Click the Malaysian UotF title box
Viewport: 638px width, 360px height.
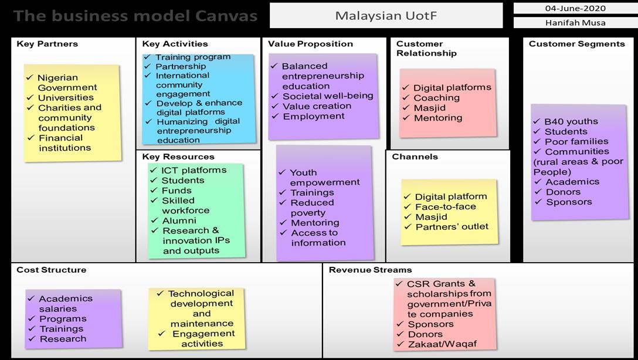click(x=386, y=16)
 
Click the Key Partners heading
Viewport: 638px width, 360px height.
click(x=47, y=44)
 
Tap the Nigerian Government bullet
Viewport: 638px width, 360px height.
click(x=67, y=83)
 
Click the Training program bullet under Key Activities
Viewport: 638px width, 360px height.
click(x=192, y=57)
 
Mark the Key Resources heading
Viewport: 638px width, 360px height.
click(x=178, y=157)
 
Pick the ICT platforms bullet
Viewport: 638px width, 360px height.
click(x=194, y=170)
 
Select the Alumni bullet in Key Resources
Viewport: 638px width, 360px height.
click(x=179, y=220)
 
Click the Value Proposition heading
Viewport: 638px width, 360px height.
click(x=310, y=44)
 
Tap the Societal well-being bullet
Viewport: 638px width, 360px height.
click(x=327, y=96)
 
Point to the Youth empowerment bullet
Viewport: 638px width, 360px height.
click(x=324, y=177)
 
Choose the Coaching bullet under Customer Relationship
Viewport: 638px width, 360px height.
click(x=436, y=98)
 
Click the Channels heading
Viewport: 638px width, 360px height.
click(x=415, y=157)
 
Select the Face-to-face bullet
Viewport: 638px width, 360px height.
click(x=445, y=207)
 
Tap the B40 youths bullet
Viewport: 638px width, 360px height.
click(x=571, y=121)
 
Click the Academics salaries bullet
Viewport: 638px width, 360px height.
click(x=65, y=304)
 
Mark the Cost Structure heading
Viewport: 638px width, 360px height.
click(x=51, y=270)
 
